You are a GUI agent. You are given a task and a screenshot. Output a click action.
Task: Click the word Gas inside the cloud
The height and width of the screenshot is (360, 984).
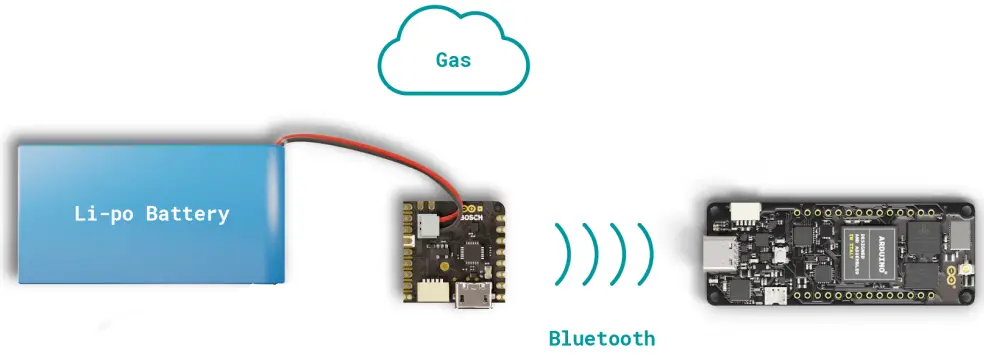coord(453,59)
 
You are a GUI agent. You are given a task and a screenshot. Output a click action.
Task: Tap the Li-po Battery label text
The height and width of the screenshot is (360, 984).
coord(152,213)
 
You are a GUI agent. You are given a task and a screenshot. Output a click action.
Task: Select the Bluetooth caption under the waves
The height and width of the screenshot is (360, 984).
coord(602,338)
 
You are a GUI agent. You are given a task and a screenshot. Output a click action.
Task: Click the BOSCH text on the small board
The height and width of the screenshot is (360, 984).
coord(471,212)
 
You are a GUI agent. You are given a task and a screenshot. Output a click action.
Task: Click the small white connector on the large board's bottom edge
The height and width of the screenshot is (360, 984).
coord(776,295)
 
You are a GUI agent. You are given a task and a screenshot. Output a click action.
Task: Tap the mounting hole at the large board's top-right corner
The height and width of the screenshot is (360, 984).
coord(966,211)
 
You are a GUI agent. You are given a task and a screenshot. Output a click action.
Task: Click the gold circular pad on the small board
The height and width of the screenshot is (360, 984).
coord(440,268)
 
